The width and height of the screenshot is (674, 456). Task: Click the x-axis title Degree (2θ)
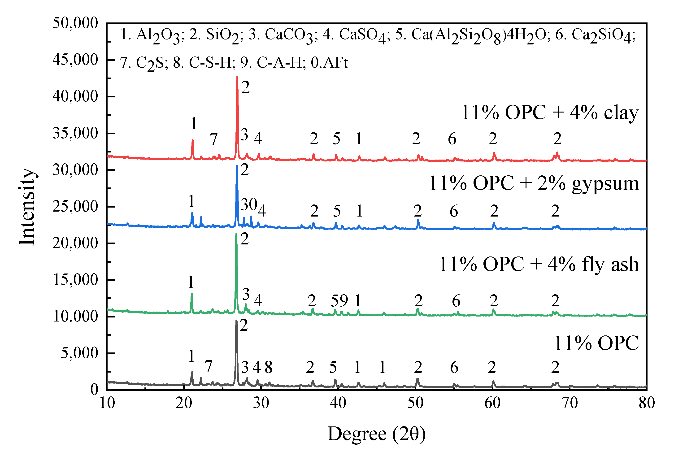pos(376,434)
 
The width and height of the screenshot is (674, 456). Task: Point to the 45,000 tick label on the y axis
pos(75,60)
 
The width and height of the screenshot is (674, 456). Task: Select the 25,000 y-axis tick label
pos(75,207)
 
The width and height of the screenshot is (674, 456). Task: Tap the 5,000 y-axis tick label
pos(79,353)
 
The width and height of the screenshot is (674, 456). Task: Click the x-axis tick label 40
pos(338,403)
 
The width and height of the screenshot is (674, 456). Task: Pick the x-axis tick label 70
pos(570,403)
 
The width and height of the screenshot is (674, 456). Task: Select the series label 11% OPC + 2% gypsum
pos(534,183)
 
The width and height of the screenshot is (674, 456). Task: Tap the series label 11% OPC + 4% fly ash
pos(539,264)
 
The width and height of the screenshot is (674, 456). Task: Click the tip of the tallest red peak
pos(237,77)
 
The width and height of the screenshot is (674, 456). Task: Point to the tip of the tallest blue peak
pos(237,165)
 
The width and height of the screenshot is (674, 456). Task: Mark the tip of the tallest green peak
pos(236,234)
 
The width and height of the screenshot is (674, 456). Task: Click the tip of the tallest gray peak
pos(236,321)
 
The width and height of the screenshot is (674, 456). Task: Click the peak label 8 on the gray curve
pos(269,368)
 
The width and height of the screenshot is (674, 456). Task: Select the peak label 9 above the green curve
pos(344,301)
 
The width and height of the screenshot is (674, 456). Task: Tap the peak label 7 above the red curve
pos(214,139)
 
